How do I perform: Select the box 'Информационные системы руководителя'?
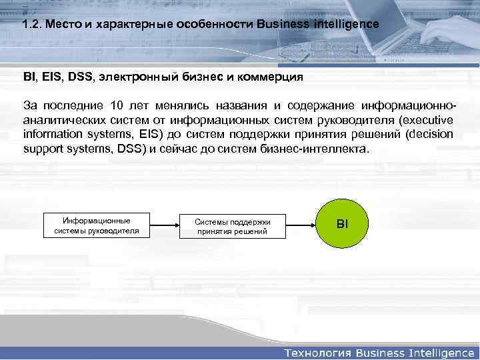tap(97, 225)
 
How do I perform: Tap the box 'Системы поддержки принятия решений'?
tap(232, 226)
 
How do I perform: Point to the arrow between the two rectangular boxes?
tap(164, 225)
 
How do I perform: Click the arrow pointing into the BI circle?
tap(301, 225)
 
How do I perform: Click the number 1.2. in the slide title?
tap(31, 24)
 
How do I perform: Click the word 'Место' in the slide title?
tap(67, 24)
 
